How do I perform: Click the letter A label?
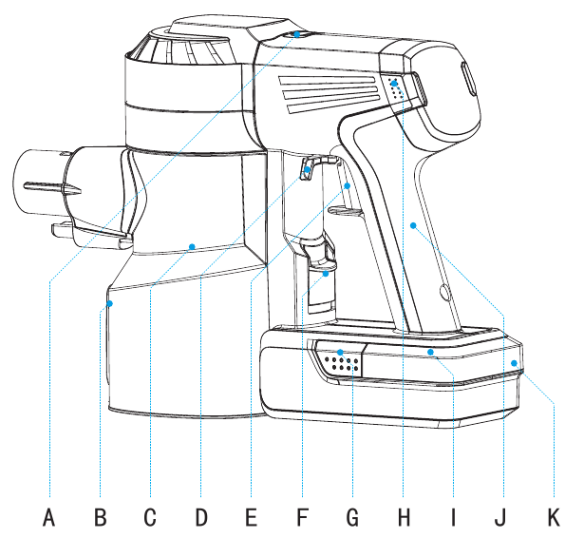point(49,516)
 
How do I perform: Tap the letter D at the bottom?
point(201,516)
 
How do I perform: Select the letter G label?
point(352,516)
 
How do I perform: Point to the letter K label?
point(554,516)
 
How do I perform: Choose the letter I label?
point(453,516)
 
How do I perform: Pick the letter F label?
point(302,516)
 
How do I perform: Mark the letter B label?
point(100,516)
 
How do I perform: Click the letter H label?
point(404,516)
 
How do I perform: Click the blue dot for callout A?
point(297,34)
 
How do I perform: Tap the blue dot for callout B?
point(109,303)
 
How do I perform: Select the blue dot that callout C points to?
point(192,246)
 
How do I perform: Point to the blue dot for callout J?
point(413,225)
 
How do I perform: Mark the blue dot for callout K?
point(514,363)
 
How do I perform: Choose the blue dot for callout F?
point(326,274)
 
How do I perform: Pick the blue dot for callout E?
point(348,185)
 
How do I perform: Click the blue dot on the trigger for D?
point(308,169)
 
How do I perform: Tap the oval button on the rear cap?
point(468,79)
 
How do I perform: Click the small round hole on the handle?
point(444,292)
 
